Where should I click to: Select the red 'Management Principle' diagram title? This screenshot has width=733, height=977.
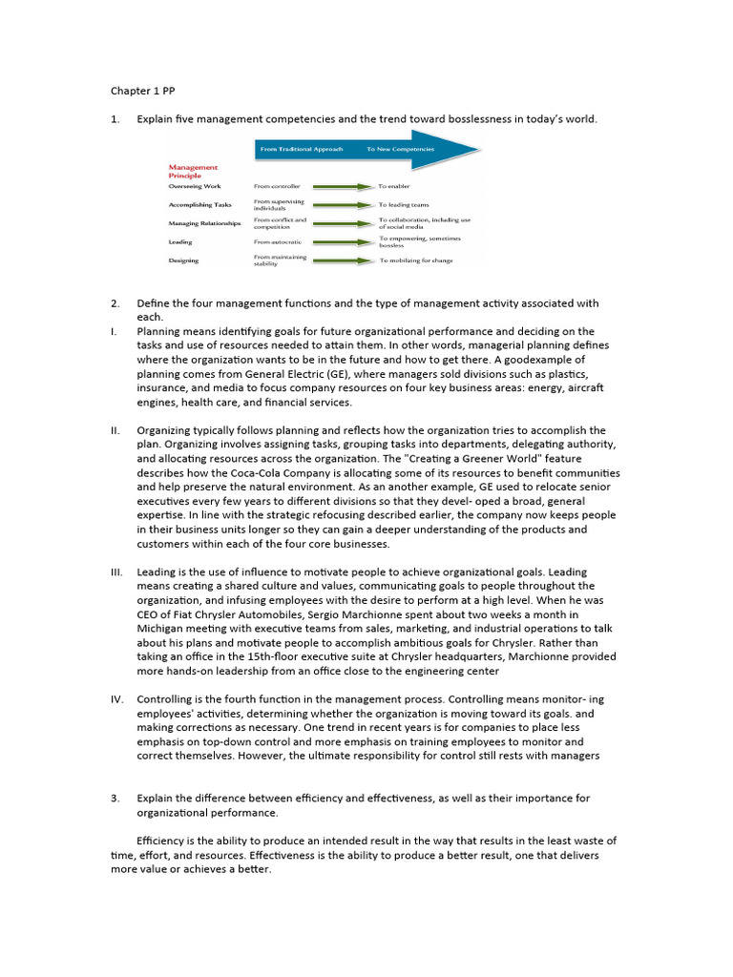pos(193,171)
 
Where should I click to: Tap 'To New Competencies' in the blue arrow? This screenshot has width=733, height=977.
pos(400,150)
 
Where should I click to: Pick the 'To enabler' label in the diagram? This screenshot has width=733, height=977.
pos(394,186)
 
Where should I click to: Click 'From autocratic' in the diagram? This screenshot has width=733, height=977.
pos(279,242)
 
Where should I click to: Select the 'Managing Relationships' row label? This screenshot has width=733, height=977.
pos(204,223)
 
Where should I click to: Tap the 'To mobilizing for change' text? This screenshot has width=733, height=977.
pos(416,260)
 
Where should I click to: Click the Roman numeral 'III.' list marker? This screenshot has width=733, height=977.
pos(117,571)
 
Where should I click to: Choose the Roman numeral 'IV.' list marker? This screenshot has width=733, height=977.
pos(117,699)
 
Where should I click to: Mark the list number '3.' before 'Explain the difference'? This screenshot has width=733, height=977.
pos(115,798)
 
